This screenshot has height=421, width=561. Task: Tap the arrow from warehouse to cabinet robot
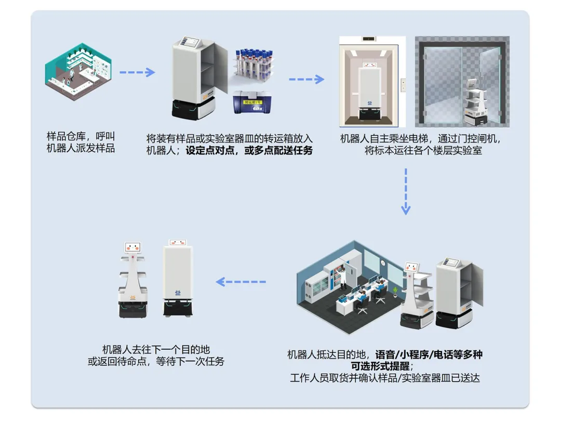point(137,72)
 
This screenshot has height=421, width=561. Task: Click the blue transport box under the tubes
point(251,102)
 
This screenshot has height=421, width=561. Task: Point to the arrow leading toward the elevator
point(306,79)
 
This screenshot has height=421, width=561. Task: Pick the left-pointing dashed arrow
point(241,282)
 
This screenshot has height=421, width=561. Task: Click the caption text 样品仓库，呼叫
point(81,137)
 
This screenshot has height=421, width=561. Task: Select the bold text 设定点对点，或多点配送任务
point(249,151)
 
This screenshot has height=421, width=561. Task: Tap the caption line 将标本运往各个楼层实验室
point(423,151)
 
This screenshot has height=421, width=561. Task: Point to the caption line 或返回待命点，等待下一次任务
point(156,361)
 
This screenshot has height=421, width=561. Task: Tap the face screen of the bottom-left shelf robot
point(133,248)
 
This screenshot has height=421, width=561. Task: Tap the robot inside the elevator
point(370,88)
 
